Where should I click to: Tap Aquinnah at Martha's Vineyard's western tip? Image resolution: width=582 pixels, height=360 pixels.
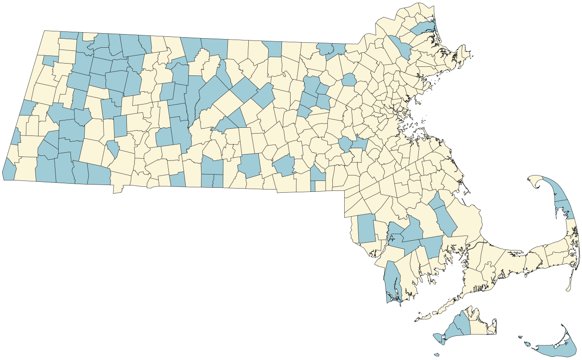pyautogui.click(x=437, y=337)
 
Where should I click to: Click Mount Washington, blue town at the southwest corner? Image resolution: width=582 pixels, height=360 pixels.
pyautogui.click(x=9, y=170)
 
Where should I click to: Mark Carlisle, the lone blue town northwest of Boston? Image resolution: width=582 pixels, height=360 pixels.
pyautogui.click(x=349, y=80)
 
